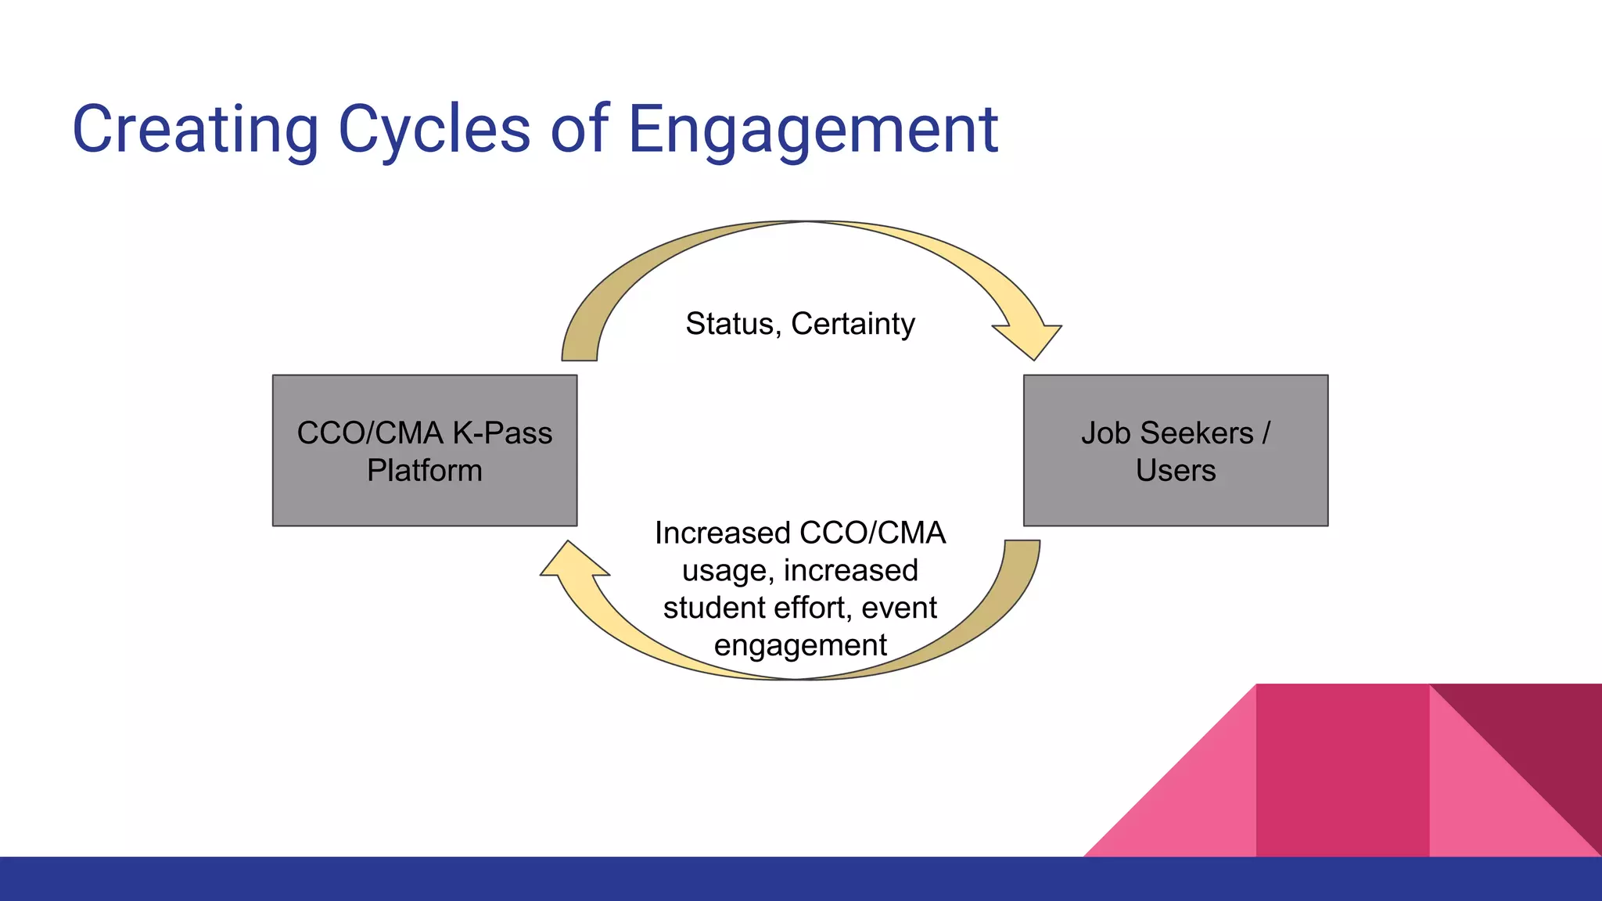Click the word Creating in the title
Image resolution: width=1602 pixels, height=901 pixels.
pos(196,130)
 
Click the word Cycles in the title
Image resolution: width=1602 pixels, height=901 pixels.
pos(435,130)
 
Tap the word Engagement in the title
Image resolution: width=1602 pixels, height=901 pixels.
pos(814,130)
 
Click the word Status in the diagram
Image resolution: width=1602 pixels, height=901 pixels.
pos(730,324)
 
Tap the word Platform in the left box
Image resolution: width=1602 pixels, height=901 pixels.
pos(425,471)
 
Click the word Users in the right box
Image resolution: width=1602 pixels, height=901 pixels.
pos(1176,471)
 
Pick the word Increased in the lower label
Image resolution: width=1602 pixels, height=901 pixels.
pos(723,533)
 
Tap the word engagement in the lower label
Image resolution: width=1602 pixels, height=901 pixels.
pos(800,645)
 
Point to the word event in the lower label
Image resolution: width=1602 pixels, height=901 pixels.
pos(900,608)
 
